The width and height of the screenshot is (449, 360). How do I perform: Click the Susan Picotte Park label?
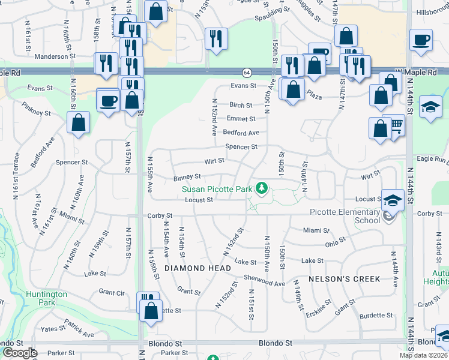(x=217, y=189)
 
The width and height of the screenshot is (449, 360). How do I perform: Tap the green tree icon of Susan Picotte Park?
(x=261, y=189)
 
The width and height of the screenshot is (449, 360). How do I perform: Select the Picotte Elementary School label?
(x=344, y=215)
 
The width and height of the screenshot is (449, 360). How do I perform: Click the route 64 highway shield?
(x=247, y=73)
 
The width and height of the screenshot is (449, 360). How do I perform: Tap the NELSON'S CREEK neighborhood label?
(x=345, y=279)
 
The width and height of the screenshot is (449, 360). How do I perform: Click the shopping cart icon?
(x=396, y=125)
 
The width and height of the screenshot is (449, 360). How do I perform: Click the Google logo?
(x=20, y=353)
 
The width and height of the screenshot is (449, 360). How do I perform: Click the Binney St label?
(x=187, y=177)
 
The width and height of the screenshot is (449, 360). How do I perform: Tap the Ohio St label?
(x=335, y=242)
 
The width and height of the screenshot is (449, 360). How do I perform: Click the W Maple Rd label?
(x=415, y=72)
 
